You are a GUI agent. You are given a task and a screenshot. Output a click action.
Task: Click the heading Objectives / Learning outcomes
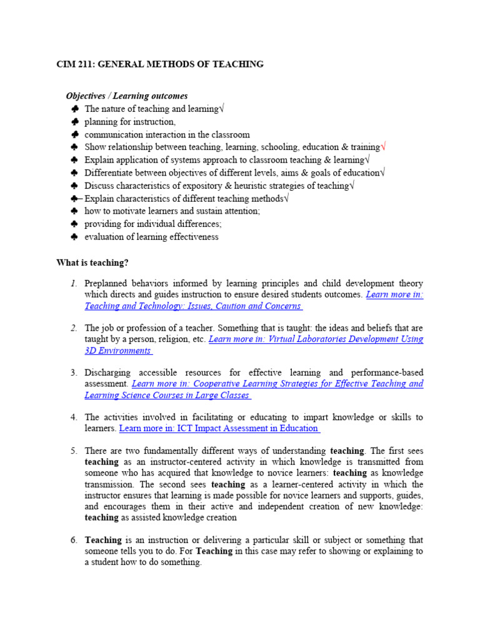127,96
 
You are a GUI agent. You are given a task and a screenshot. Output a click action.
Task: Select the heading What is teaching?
92,263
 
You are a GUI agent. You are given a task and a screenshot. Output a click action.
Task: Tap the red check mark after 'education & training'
383,147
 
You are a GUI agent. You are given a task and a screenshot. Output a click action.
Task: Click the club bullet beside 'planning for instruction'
74,122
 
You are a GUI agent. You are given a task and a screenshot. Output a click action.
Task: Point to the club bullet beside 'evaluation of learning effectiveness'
74,237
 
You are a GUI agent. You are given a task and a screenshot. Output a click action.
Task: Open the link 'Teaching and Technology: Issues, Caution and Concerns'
194,306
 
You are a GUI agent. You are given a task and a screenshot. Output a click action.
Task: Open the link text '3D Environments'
119,351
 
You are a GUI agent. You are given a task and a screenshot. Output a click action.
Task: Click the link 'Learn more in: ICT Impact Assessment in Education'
219,428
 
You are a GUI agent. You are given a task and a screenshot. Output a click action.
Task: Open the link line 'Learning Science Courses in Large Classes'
167,395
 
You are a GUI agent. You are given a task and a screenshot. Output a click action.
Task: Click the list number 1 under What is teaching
74,284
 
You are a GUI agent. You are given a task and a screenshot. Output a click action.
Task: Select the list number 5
74,451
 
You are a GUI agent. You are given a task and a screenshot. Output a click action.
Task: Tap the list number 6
74,540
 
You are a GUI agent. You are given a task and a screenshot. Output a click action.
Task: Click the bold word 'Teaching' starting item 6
103,540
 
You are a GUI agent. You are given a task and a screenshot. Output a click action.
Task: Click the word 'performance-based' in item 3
387,372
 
